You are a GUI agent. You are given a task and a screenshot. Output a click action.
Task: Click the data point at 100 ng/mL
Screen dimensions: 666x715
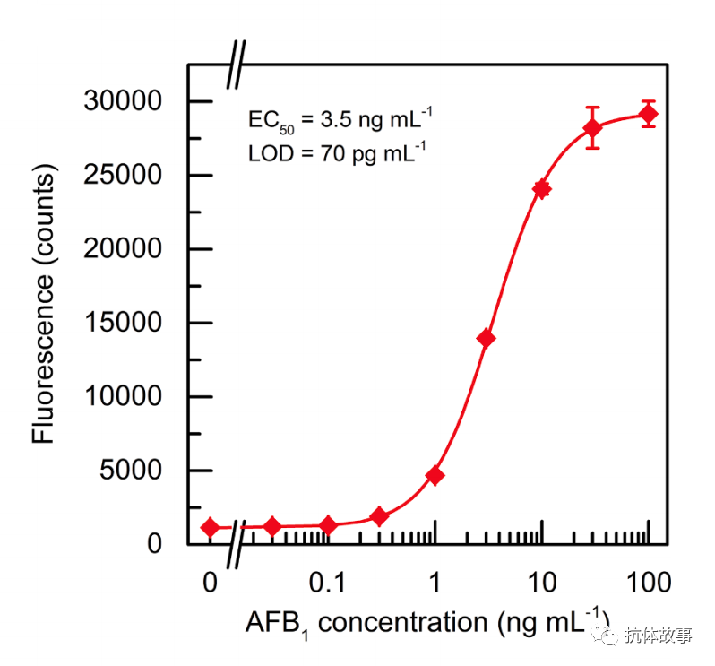click(648, 114)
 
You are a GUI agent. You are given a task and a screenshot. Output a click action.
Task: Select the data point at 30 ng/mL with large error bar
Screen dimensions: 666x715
click(592, 128)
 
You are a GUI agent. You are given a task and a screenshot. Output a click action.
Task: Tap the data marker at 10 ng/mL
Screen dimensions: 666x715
click(541, 189)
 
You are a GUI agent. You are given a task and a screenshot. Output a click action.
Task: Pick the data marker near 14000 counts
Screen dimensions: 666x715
click(486, 338)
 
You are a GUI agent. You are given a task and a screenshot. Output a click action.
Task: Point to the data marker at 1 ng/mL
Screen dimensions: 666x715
click(435, 475)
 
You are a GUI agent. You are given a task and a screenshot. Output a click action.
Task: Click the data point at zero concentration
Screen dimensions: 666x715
click(210, 527)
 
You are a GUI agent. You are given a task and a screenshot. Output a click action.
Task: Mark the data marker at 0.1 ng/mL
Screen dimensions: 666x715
click(328, 525)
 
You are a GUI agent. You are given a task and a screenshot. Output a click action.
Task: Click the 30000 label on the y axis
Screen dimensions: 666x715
click(123, 101)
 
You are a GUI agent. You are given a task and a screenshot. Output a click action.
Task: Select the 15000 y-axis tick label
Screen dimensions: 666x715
click(123, 323)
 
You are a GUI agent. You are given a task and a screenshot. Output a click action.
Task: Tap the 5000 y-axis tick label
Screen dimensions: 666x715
click(131, 471)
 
